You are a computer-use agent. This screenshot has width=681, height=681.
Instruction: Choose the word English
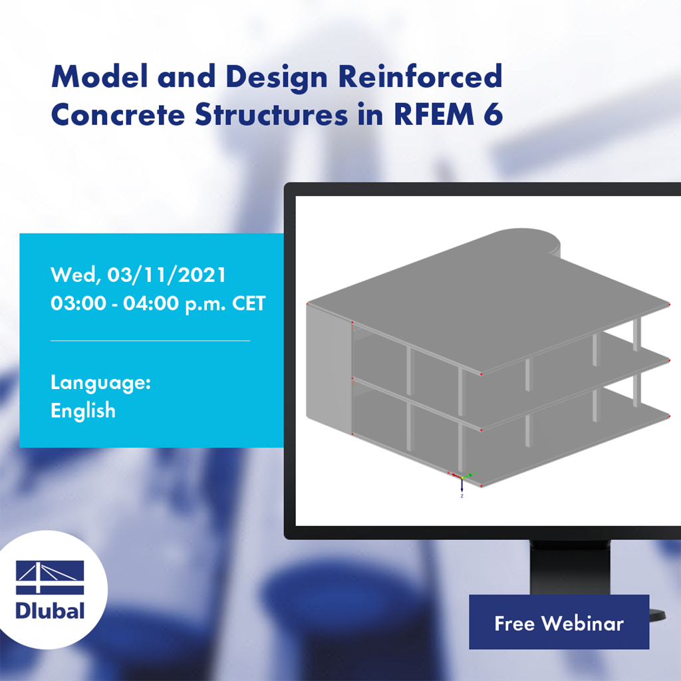click(83, 410)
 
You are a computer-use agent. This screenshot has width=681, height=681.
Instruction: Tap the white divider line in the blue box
click(150, 340)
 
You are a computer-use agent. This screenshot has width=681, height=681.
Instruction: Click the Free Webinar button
click(559, 622)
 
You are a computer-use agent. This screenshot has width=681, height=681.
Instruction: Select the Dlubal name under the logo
click(50, 610)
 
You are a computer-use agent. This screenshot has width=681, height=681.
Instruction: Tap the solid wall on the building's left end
click(328, 372)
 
